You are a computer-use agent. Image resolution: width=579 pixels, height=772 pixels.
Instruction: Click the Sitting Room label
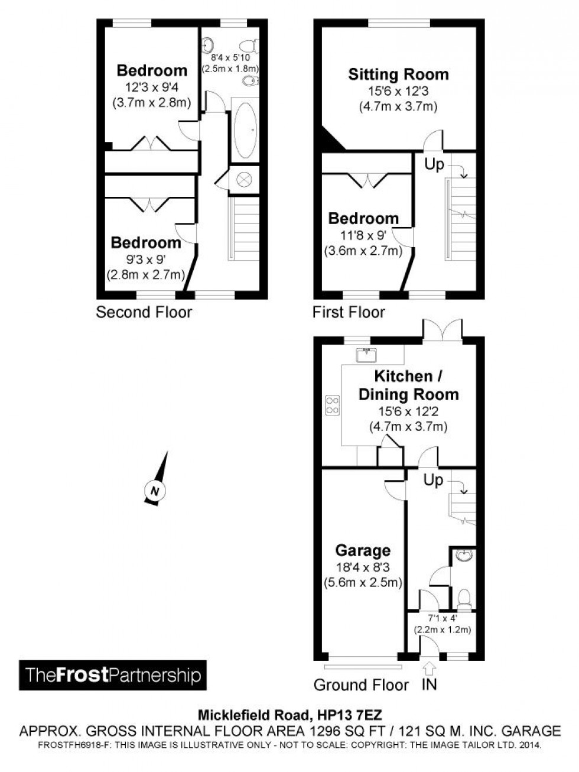pos(398,74)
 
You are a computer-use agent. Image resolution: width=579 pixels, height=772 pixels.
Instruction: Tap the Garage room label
pos(362,550)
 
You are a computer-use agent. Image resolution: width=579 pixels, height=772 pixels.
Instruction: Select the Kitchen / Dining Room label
pos(408,385)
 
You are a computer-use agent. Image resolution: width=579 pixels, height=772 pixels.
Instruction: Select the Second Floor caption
pos(144,312)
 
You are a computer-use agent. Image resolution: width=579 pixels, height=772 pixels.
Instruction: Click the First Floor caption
pos(349,312)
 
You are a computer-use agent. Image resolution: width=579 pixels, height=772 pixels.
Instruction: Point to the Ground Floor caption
pos(361,685)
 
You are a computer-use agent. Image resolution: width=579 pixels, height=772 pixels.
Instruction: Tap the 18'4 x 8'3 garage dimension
pos(362,567)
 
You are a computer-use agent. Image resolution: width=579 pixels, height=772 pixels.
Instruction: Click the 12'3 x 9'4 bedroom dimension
pos(151,87)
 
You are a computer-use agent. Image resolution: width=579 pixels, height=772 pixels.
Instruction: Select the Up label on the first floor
pos(434,164)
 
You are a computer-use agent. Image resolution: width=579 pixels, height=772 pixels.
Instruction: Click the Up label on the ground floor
pos(433,480)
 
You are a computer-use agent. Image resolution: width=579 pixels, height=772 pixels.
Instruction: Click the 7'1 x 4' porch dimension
pos(441,619)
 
